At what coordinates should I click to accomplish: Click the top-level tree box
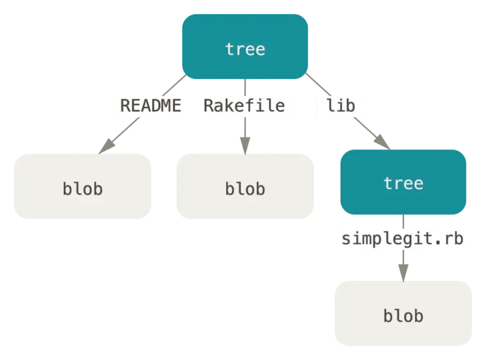click(245, 47)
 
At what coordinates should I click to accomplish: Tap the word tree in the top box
click(245, 49)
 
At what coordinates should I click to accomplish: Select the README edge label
click(151, 106)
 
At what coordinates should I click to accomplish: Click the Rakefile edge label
click(244, 106)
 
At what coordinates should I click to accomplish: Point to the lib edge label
click(341, 106)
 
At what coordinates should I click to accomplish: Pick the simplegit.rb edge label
click(403, 239)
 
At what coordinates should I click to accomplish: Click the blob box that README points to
click(83, 186)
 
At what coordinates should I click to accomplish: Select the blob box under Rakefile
click(245, 186)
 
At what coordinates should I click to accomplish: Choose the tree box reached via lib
click(403, 182)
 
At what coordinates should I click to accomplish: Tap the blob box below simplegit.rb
click(403, 313)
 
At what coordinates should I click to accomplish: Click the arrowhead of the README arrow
click(107, 146)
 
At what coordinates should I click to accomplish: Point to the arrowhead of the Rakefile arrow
click(245, 146)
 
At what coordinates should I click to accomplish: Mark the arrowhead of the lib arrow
click(382, 142)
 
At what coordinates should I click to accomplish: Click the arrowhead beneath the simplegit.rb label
click(403, 273)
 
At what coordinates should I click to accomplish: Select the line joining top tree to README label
click(174, 85)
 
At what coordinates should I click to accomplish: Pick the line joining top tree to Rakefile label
click(245, 87)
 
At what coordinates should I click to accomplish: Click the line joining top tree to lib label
click(318, 84)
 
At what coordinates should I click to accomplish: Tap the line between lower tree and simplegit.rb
click(403, 222)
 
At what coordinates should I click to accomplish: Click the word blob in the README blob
click(83, 189)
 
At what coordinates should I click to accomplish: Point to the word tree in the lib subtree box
click(403, 183)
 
